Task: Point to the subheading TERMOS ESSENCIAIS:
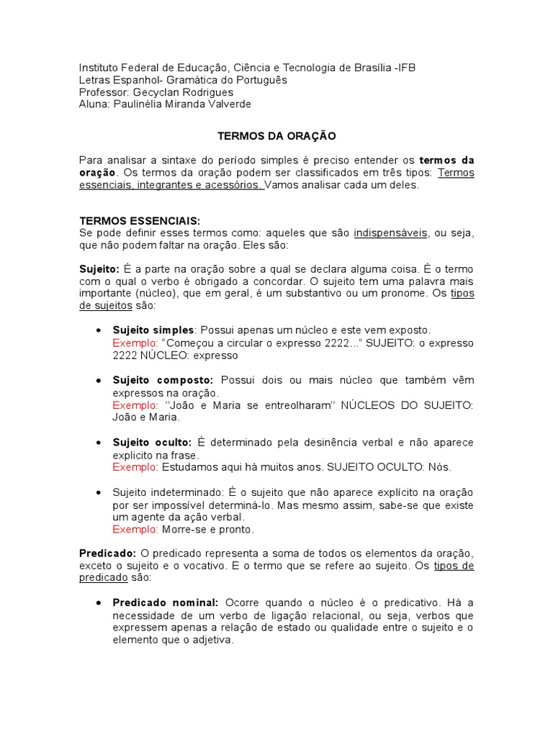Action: tap(140, 221)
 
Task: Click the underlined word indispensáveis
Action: tap(390, 233)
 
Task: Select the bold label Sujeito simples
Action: tap(153, 330)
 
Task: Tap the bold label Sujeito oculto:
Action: tap(152, 443)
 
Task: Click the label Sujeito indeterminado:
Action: tap(168, 492)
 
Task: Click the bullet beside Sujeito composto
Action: tap(99, 380)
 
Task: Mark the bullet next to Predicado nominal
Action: tap(99, 602)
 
